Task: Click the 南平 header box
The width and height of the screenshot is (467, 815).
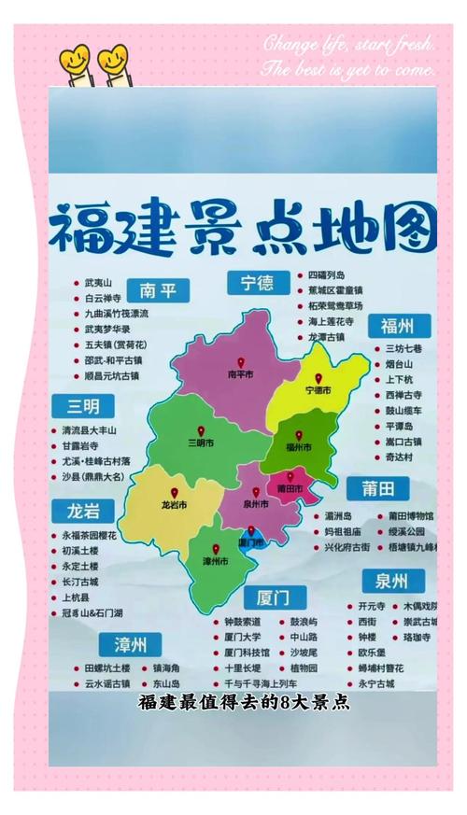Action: [x=158, y=289]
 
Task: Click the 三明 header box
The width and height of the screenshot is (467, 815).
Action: [x=83, y=406]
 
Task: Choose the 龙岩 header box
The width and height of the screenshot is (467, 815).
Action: [x=83, y=511]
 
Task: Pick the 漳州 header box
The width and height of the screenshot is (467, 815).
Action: [x=130, y=644]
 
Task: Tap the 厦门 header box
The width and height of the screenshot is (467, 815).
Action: [x=276, y=596]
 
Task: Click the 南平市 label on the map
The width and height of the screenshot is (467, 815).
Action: [x=242, y=374]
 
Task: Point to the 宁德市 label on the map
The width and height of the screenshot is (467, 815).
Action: [x=318, y=389]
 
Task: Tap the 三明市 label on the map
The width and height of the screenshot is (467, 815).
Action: [x=201, y=442]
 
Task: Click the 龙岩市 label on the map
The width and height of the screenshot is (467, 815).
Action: [x=175, y=504]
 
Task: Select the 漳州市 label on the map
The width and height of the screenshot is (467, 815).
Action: [x=216, y=561]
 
